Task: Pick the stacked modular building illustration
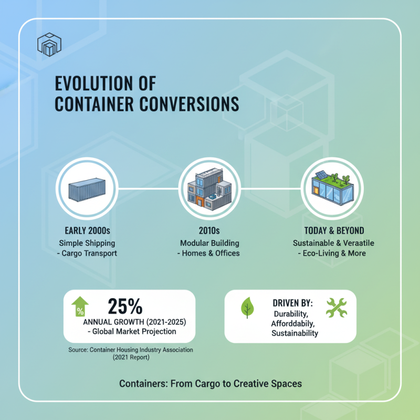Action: point(209,188)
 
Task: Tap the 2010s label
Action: point(209,231)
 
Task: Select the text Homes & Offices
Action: point(213,253)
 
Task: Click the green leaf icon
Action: point(246,308)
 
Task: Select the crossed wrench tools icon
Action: point(337,308)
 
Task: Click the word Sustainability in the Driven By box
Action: point(295,333)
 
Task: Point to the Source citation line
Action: point(131,350)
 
